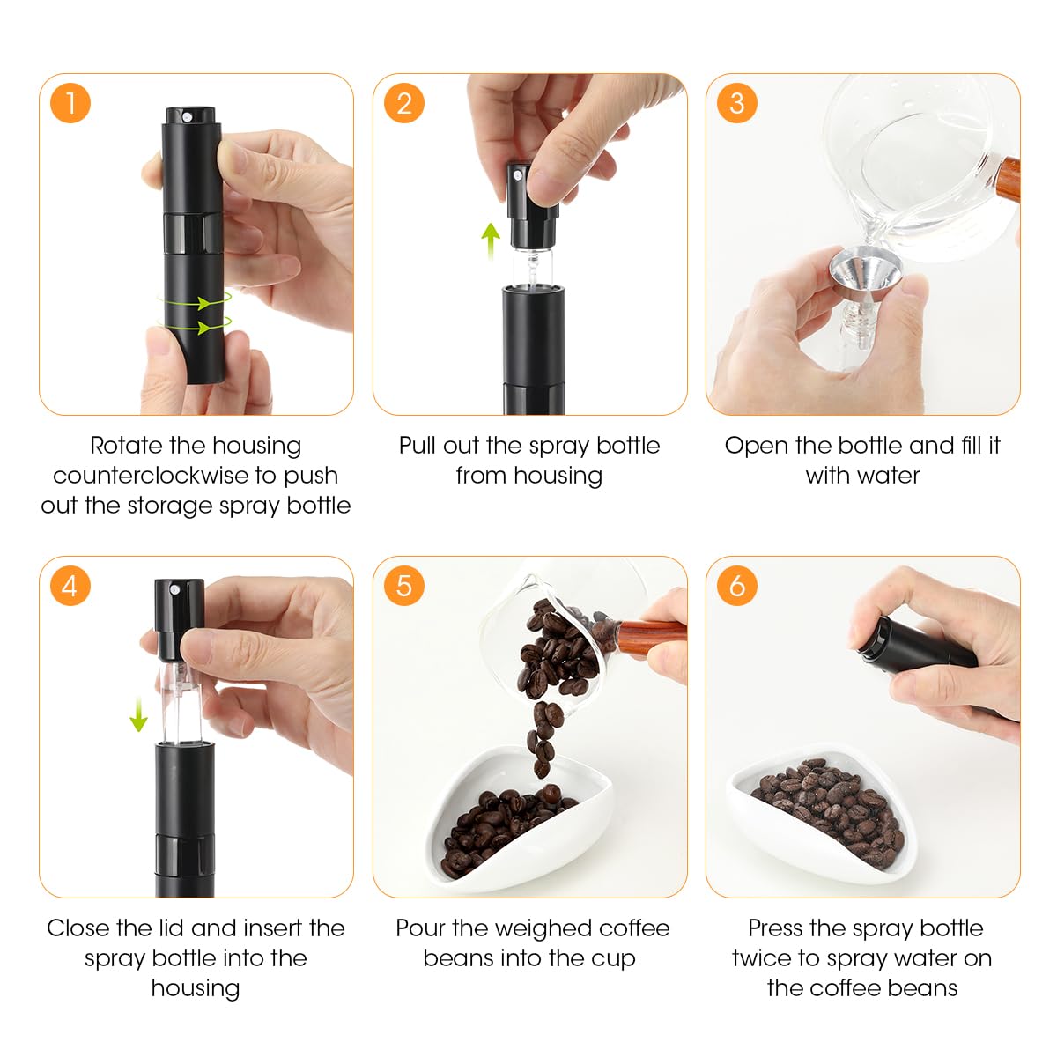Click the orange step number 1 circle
tap(70, 103)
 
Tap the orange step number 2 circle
tap(403, 103)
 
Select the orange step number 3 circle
tap(736, 103)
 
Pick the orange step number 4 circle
tap(70, 586)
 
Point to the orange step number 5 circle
tap(403, 586)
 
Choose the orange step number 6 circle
tap(736, 586)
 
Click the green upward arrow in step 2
tap(491, 241)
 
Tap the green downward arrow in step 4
tap(139, 713)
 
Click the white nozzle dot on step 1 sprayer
tap(188, 117)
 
